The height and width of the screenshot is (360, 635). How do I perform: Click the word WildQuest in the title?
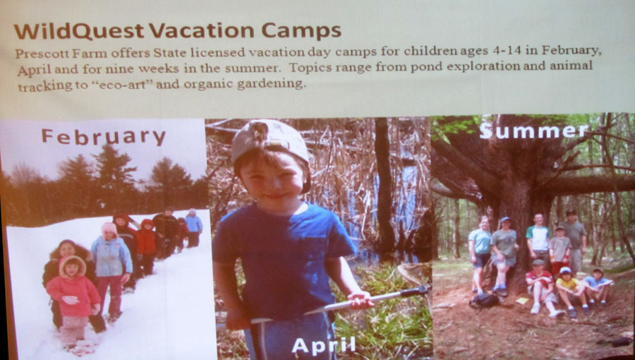click(79, 31)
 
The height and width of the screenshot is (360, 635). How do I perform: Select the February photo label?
click(104, 137)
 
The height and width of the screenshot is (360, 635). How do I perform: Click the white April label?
click(324, 345)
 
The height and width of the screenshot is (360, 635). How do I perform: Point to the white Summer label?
click(533, 131)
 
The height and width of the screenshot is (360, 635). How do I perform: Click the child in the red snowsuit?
click(146, 245)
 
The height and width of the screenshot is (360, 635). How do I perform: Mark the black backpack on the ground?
click(485, 301)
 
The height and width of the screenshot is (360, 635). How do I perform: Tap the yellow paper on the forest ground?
click(522, 301)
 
